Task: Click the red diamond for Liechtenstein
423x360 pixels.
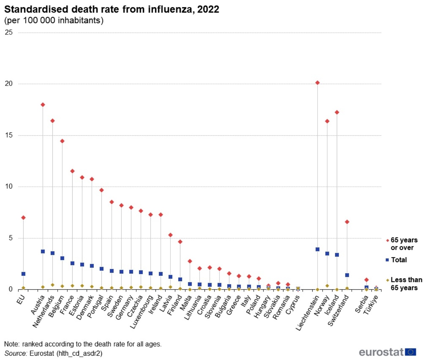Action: pyautogui.click(x=317, y=83)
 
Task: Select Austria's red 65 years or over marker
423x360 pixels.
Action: pyautogui.click(x=43, y=105)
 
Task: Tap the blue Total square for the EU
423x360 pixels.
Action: pyautogui.click(x=23, y=274)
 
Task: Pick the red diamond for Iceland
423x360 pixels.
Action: pyautogui.click(x=337, y=112)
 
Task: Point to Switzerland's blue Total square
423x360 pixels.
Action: pyautogui.click(x=347, y=275)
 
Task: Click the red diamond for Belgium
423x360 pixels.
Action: pyautogui.click(x=62, y=141)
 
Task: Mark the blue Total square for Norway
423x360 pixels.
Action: pyautogui.click(x=327, y=253)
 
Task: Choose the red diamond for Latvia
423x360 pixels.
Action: pyautogui.click(x=170, y=235)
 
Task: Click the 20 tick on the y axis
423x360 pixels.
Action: pyautogui.click(x=9, y=84)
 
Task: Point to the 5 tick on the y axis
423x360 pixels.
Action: pyautogui.click(x=10, y=238)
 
